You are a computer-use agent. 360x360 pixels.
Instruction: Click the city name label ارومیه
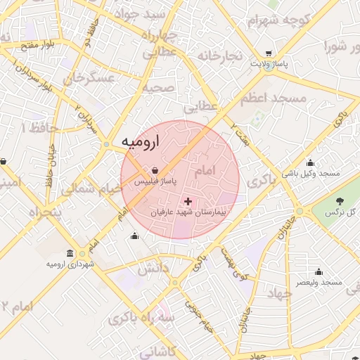pyautogui.click(x=141, y=141)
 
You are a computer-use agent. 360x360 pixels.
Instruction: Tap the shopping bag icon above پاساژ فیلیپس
pyautogui.click(x=154, y=170)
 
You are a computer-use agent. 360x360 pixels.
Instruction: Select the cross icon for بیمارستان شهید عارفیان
pyautogui.click(x=188, y=201)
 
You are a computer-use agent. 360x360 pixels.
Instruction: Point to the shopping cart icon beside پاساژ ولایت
pyautogui.click(x=269, y=53)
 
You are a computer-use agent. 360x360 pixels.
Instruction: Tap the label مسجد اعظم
pyautogui.click(x=274, y=98)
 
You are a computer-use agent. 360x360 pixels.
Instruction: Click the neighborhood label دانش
pyautogui.click(x=153, y=269)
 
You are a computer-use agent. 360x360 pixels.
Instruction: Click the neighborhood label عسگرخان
pyautogui.click(x=89, y=78)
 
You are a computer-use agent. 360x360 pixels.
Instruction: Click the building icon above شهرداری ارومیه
pyautogui.click(x=70, y=253)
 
